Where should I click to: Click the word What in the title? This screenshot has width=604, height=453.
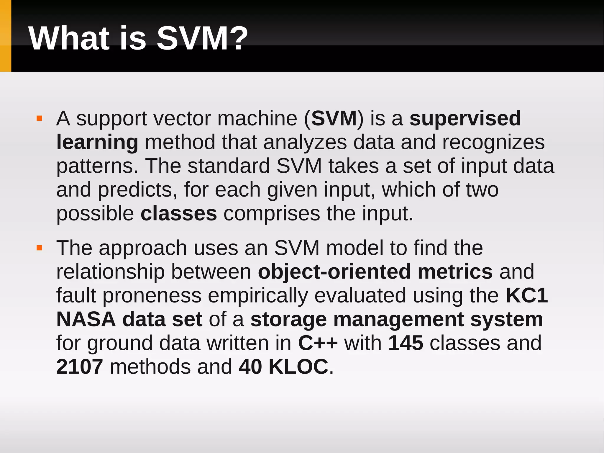click(69, 39)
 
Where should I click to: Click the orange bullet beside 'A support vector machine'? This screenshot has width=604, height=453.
click(39, 119)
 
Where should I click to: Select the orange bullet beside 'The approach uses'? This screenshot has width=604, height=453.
click(39, 248)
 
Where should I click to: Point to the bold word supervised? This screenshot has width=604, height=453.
click(465, 118)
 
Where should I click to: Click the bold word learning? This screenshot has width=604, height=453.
click(97, 143)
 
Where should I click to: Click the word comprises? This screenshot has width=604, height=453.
click(271, 213)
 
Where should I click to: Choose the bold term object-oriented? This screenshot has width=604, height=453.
click(334, 272)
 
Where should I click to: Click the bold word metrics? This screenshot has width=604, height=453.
click(455, 272)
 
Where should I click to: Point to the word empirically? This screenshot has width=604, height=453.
click(258, 296)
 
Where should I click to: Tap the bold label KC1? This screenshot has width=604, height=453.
click(527, 295)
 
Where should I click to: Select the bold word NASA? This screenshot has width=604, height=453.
click(86, 319)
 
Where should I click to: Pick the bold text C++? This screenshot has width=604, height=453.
click(318, 343)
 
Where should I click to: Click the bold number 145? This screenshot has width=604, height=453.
click(406, 343)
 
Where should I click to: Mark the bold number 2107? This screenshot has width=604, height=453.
click(79, 367)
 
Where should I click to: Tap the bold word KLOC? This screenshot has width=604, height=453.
click(298, 367)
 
